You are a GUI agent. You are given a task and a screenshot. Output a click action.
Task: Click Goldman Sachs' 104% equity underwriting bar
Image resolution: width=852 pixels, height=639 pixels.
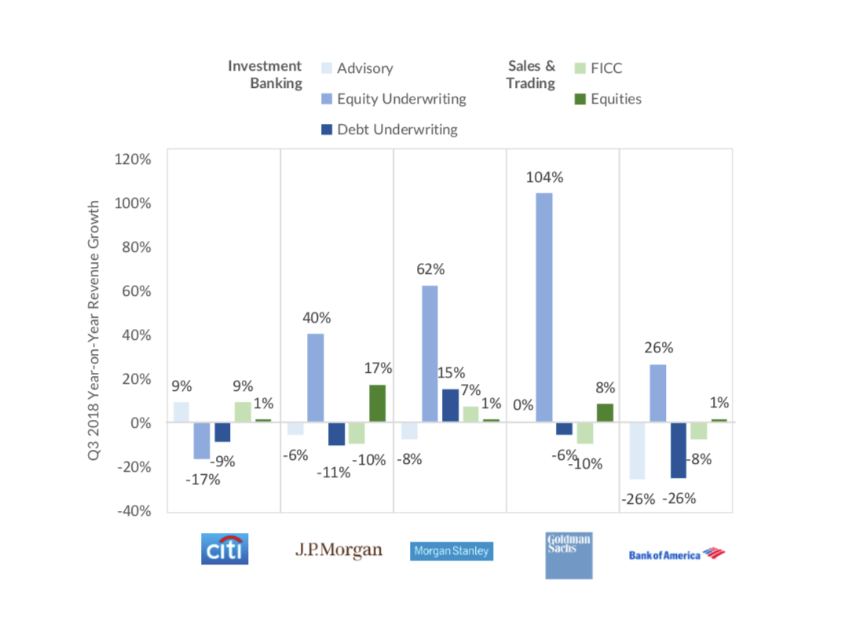(544, 308)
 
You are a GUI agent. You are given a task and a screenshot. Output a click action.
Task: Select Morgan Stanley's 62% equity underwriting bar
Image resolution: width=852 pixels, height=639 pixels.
(430, 354)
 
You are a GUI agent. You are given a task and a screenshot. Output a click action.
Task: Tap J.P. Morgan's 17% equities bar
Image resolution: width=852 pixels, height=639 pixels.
(377, 403)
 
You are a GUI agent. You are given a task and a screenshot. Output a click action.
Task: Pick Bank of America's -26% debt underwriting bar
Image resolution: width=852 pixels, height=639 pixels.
(678, 450)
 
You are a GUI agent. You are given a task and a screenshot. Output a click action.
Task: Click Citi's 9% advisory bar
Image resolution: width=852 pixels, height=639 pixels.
(181, 412)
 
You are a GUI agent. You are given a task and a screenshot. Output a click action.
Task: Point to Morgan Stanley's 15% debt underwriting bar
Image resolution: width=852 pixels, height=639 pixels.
(451, 406)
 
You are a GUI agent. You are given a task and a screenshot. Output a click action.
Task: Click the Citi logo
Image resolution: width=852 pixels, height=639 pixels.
(225, 549)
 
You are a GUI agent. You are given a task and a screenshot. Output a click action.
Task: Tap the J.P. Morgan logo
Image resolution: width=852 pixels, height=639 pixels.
(338, 550)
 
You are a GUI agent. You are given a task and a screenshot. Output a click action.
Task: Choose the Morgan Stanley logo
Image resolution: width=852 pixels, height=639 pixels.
(452, 550)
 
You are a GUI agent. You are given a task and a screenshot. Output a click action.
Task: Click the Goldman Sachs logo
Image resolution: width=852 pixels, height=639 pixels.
(569, 555)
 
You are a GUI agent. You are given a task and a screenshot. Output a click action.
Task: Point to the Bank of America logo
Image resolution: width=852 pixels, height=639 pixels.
(676, 554)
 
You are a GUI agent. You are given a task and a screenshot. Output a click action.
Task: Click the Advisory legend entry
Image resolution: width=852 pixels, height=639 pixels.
(357, 69)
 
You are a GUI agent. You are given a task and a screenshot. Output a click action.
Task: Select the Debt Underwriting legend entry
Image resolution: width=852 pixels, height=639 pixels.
(389, 130)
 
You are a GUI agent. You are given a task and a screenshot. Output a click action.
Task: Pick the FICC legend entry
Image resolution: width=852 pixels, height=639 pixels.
(598, 69)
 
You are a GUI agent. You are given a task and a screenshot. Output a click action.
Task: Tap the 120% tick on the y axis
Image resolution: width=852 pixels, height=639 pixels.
(133, 159)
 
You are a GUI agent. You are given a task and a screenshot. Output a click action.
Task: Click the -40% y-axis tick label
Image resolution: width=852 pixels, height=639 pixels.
(133, 510)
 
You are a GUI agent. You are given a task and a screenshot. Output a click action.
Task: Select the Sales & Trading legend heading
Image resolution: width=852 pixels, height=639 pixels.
(530, 75)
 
